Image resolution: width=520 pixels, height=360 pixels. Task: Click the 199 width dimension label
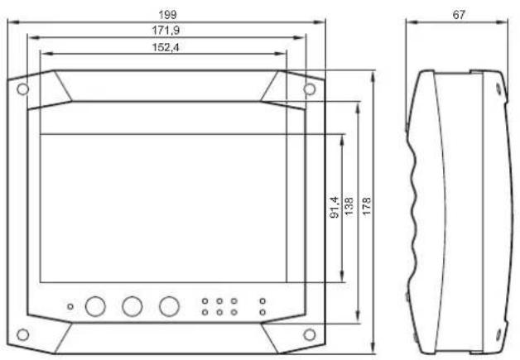[x=167, y=15]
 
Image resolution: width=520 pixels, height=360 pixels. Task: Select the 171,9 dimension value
[x=166, y=31]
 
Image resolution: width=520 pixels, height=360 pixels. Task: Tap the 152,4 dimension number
[x=166, y=47]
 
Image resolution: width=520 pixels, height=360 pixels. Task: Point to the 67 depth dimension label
[x=459, y=15]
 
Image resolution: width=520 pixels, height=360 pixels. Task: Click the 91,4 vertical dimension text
[x=335, y=207]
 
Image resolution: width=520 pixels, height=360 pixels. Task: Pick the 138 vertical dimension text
[x=349, y=206]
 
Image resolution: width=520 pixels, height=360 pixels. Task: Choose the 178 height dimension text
[x=367, y=206]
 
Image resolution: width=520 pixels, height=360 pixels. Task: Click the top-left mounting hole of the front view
[x=23, y=89]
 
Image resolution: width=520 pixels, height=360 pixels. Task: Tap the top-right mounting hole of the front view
[x=310, y=89]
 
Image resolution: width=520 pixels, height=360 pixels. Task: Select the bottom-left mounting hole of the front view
[x=23, y=335]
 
